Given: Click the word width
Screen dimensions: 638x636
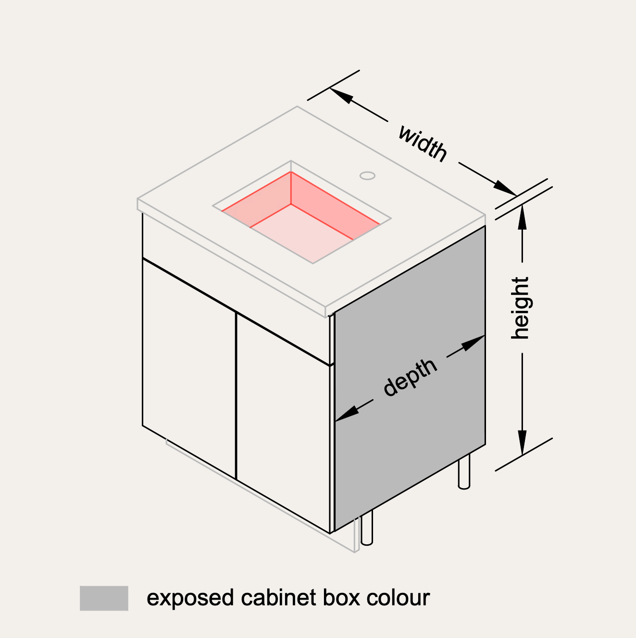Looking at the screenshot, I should (x=423, y=143).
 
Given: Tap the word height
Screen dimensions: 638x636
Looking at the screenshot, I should (x=520, y=308).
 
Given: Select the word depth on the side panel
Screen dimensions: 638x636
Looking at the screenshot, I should (x=410, y=378).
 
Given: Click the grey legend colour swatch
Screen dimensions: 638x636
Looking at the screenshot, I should (x=104, y=598).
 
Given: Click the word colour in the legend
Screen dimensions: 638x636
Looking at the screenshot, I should (x=398, y=598).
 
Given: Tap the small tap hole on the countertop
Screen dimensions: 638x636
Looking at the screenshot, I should (x=368, y=176).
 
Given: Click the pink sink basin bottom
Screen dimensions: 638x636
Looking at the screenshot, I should (x=308, y=231).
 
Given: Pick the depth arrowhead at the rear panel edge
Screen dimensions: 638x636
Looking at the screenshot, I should (x=473, y=342).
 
